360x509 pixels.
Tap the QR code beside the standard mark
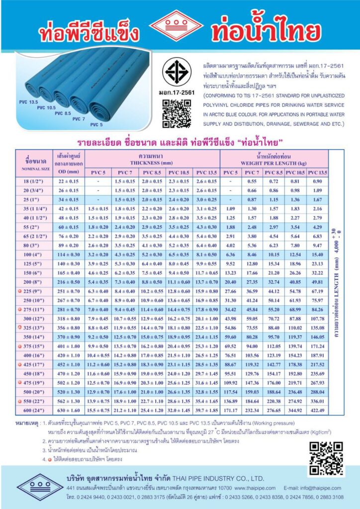[x=177, y=114]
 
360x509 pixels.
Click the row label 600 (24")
[x=34, y=411]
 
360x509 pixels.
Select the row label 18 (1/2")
[x=34, y=181]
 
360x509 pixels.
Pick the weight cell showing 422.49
[x=317, y=411]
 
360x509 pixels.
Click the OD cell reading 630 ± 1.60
[x=69, y=411]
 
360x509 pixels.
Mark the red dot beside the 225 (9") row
[x=19, y=291]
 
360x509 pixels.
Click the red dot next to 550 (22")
[x=19, y=401]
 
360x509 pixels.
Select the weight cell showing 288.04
[x=317, y=392]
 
